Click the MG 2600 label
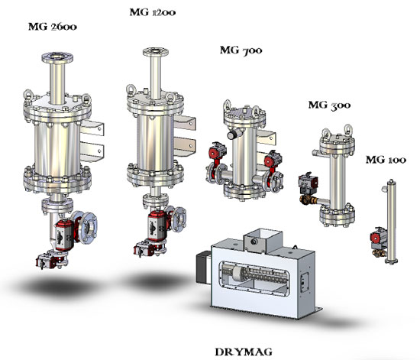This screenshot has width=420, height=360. [x=53, y=27]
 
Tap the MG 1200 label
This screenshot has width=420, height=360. [x=153, y=12]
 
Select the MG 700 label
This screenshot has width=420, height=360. [x=241, y=50]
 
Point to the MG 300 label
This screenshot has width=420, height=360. [x=329, y=105]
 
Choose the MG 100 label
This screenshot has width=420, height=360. [x=386, y=160]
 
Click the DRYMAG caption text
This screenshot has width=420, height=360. [x=244, y=352]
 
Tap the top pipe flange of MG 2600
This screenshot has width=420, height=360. [x=57, y=57]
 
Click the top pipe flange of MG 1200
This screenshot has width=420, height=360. [x=155, y=51]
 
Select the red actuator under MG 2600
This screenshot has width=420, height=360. [x=64, y=235]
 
